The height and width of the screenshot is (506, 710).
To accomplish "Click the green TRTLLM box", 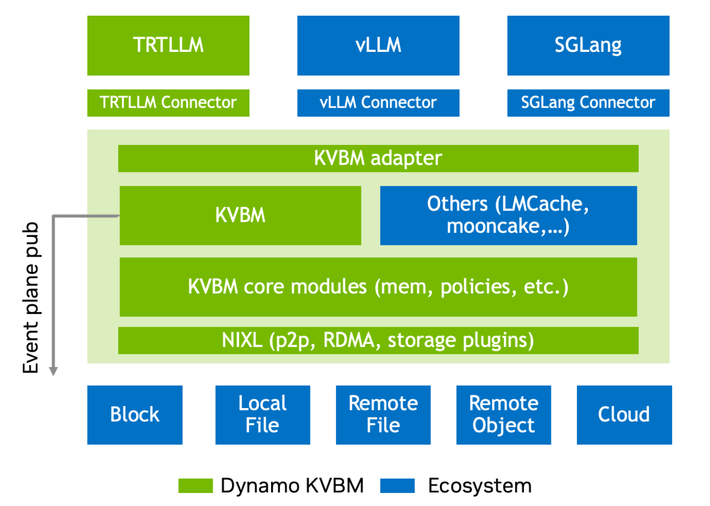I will point(168,45).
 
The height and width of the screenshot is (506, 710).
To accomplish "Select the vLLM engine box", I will point(378,45).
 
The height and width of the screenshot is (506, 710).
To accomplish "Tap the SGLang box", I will point(588,45).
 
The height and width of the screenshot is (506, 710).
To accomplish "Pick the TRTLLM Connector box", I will point(168,103).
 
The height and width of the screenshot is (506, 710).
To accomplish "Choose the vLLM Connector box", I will point(378,103).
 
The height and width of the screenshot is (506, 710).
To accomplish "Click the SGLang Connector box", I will point(588,103).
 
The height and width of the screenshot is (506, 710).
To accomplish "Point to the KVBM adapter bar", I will point(378,158).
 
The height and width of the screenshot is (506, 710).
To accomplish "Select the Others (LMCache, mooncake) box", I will point(508,215).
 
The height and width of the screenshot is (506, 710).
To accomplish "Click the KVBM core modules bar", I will point(378,287).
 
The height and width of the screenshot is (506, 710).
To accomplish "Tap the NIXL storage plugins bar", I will point(378,341).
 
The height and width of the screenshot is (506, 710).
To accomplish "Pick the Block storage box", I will point(135,415).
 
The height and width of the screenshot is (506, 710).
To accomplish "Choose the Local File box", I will point(262,415).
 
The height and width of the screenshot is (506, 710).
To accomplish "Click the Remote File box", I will point(383,415).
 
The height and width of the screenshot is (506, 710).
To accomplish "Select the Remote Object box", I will point(503,415).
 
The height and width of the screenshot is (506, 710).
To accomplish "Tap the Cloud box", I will point(624,415).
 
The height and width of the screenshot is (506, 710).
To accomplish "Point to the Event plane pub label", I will point(31,297).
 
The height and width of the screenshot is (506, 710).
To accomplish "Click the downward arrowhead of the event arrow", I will point(53,371).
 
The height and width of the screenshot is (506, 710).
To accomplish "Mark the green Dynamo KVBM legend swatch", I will point(195,486).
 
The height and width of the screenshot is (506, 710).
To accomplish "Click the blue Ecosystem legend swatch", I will point(397,486).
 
